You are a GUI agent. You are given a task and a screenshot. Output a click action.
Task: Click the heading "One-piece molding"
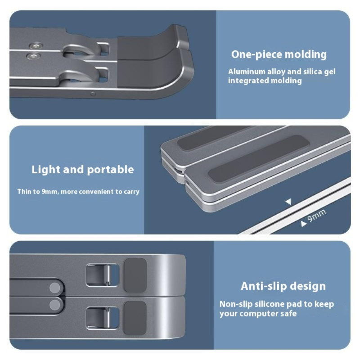click(x=279, y=54)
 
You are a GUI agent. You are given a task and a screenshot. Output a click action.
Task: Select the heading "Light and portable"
click(x=83, y=170)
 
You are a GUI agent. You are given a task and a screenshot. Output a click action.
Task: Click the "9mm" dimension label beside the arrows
click(x=317, y=216)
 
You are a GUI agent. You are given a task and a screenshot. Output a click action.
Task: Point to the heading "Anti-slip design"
click(x=283, y=286)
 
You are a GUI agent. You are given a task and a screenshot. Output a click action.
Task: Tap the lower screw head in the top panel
click(x=33, y=56)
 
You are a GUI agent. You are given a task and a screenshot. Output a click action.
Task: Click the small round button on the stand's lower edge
click(x=93, y=94)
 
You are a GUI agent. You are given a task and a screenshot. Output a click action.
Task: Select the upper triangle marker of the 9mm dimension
click(x=288, y=202)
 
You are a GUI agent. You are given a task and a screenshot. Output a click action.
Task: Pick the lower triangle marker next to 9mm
click(x=303, y=224)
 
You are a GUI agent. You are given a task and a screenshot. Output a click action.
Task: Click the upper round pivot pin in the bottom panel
click(x=55, y=288)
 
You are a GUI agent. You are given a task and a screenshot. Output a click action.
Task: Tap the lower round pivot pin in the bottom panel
click(x=55, y=305)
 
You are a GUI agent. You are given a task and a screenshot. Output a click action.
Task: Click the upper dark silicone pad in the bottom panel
click(x=135, y=275)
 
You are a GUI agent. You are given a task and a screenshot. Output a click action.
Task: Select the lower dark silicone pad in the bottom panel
click(x=135, y=318)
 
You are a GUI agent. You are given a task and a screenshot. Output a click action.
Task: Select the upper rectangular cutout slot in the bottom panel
click(x=103, y=275)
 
